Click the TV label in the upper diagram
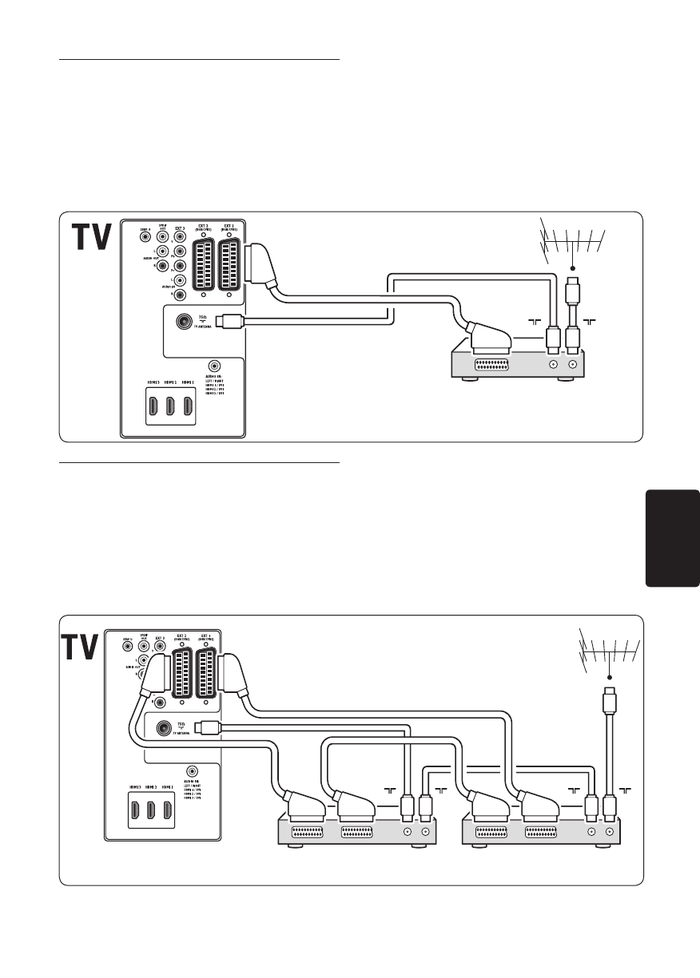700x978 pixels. pyautogui.click(x=91, y=236)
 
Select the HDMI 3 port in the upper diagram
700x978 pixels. pyautogui.click(x=151, y=406)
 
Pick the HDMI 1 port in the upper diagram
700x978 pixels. pyautogui.click(x=188, y=406)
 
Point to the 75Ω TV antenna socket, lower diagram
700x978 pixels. pyautogui.click(x=165, y=727)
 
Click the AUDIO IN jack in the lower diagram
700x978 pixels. pyautogui.click(x=193, y=770)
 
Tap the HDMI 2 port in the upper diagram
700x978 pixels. pyautogui.click(x=169, y=406)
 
